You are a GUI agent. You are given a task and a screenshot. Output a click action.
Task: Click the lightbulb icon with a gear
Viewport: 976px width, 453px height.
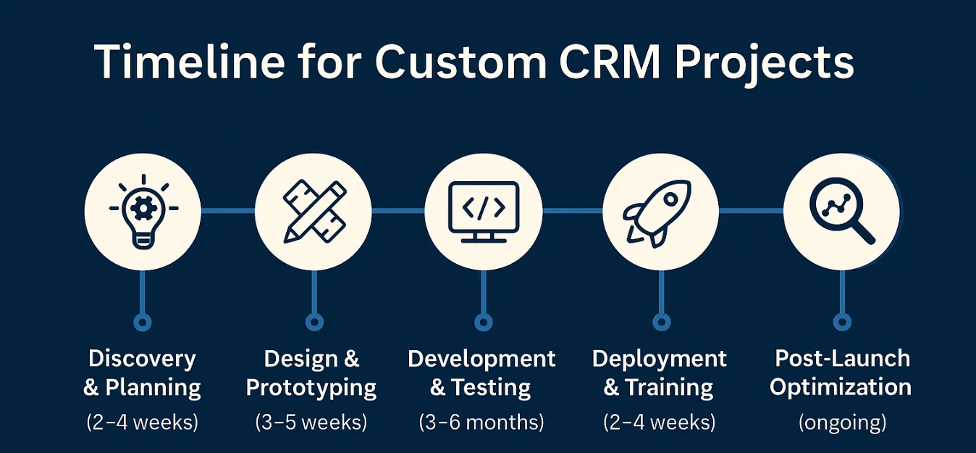(143, 211)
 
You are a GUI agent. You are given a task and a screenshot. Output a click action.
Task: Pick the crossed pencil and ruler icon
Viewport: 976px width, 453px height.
(313, 211)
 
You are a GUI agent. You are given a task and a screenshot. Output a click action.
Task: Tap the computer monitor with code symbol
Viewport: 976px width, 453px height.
(483, 211)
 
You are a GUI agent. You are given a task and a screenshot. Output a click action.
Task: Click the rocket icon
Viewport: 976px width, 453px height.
(660, 211)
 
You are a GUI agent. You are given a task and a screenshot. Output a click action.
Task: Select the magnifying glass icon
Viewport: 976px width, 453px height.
(841, 211)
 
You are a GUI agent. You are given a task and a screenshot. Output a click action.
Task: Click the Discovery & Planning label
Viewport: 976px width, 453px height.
(143, 373)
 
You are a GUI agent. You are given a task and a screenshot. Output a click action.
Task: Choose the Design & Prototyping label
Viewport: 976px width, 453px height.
(311, 373)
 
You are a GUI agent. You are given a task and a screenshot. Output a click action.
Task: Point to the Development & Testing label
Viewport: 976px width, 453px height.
(481, 373)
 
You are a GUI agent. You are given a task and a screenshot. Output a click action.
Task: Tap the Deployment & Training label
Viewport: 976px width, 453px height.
(660, 373)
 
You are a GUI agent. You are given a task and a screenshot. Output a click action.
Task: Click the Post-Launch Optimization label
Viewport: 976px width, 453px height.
(841, 373)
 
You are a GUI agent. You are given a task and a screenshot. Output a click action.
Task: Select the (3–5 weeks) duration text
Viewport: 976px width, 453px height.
(311, 422)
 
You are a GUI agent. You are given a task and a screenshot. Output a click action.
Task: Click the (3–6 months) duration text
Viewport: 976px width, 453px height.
(481, 422)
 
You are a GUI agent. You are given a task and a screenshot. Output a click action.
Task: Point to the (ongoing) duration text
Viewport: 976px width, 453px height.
(841, 422)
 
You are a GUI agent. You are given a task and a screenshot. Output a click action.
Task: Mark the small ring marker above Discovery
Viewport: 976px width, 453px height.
(143, 322)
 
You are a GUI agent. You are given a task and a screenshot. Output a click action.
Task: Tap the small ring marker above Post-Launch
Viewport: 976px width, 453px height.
(841, 322)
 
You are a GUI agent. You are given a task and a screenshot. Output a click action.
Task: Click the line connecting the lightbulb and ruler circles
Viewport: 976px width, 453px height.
(227, 211)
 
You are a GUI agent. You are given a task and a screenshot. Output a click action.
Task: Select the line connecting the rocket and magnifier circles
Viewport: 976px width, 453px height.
(751, 211)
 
